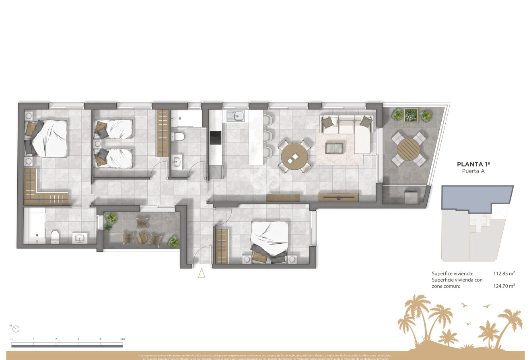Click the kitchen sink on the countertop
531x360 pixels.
coord(235,116)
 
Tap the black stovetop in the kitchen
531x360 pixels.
coord(215,138)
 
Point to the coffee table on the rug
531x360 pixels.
coord(334,148)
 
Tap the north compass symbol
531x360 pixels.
coord(16,329)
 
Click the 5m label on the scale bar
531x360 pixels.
coord(122,339)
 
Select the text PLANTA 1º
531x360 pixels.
coord(473,164)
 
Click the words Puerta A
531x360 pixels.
coord(473,171)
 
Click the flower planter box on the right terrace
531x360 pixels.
coord(411,114)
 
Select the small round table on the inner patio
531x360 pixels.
coord(142,238)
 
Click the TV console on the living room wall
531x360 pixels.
coord(338,197)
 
